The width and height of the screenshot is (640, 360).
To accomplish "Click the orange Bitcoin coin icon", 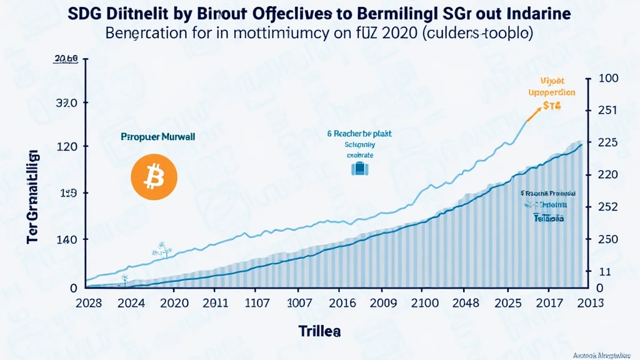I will pos(154,178).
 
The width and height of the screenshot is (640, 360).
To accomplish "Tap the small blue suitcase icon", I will pos(359,168).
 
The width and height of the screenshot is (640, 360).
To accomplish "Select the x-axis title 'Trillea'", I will pos(319,331).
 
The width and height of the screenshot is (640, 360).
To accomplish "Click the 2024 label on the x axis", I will pos(132,304).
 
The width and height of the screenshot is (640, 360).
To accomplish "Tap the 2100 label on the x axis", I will pos(426,304).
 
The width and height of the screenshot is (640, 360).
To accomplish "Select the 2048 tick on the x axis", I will pos(466,304).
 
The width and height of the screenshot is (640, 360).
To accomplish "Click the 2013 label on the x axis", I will pos(590,304).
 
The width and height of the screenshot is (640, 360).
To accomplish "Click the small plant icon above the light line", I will pos(161,249).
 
